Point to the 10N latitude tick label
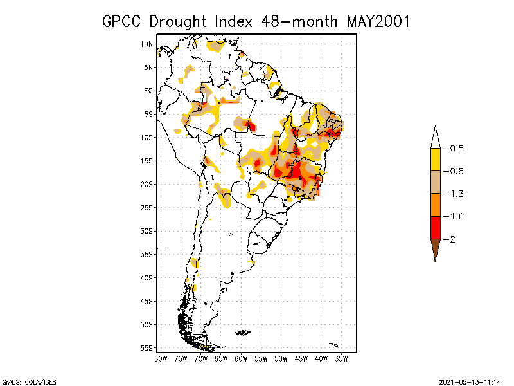pyautogui.click(x=147, y=44)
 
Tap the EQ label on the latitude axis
pyautogui.click(x=148, y=91)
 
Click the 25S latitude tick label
pyautogui.click(x=147, y=208)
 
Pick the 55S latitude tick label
pyautogui.click(x=147, y=348)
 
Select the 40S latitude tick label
pyautogui.click(x=147, y=278)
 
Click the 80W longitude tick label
pyautogui.click(x=161, y=358)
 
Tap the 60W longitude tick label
pyautogui.click(x=241, y=358)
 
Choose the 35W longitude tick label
pyautogui.click(x=341, y=358)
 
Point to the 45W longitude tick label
pyautogui.click(x=301, y=358)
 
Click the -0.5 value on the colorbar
pyautogui.click(x=455, y=149)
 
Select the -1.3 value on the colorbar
pyautogui.click(x=455, y=194)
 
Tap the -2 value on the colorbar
pyautogui.click(x=451, y=239)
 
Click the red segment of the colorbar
pyautogui.click(x=435, y=227)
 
